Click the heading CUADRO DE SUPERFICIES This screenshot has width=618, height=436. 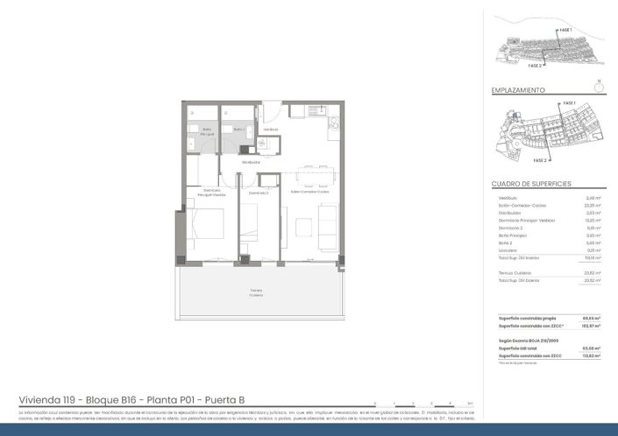pos(531,184)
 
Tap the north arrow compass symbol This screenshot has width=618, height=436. pos(598,87)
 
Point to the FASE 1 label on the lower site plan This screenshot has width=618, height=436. pos(569,103)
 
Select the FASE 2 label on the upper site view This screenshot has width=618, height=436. pos(535,65)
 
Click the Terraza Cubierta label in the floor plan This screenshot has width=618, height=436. pos(255,292)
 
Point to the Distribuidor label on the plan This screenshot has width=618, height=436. pos(252,162)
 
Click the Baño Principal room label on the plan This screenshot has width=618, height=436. pos(207,130)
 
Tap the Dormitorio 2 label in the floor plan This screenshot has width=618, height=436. pos(257,192)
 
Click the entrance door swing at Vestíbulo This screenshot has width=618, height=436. pos(273,112)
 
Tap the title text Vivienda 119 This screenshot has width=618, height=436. pos(51,397)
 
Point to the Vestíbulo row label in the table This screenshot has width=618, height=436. pos(508,198)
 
